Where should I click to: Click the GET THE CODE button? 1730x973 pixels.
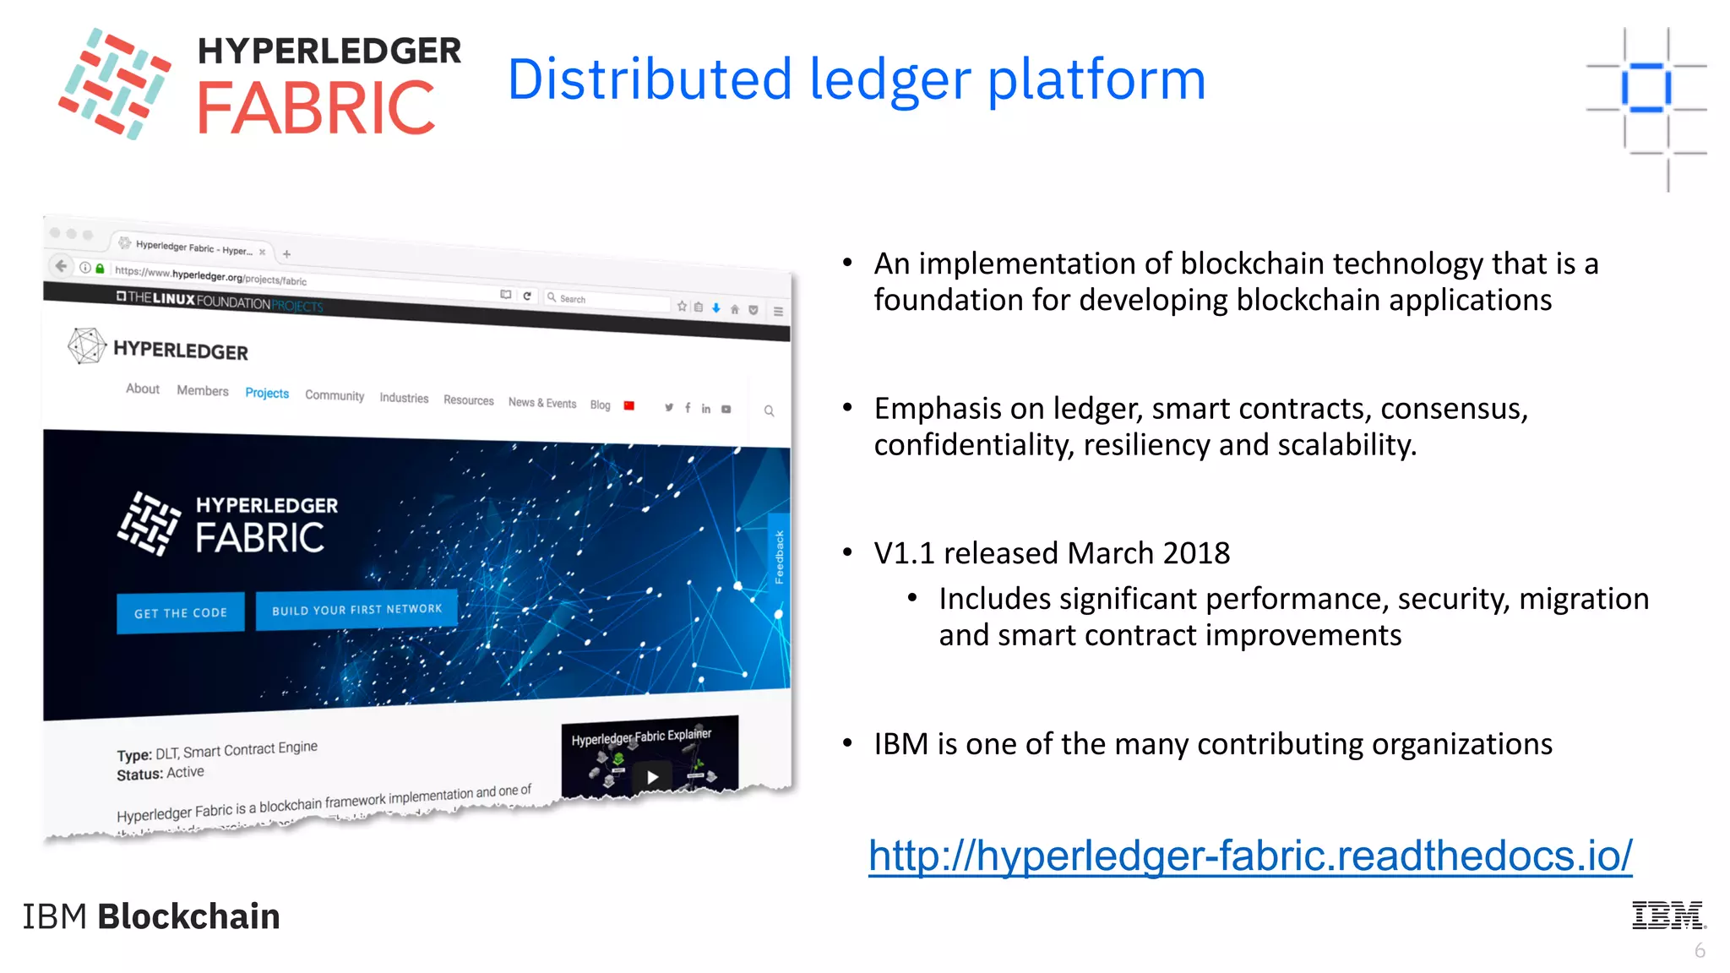coord(181,612)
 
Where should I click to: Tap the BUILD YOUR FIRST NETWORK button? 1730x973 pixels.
coord(356,609)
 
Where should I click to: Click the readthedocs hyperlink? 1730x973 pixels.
coord(1250,856)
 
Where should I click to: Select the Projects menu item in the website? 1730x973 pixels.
coord(267,394)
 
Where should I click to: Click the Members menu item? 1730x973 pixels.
coord(203,390)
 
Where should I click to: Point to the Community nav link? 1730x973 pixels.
coord(335,395)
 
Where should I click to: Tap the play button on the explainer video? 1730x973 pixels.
coord(652,777)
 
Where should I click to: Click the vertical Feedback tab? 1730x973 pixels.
coord(779,557)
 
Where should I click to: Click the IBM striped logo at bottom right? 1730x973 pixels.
coord(1667,915)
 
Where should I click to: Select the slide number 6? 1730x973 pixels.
coord(1700,951)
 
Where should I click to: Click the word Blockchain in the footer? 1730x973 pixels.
coord(188,916)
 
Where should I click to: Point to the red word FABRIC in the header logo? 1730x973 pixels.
coord(316,108)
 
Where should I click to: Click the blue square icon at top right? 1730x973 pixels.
coord(1646,87)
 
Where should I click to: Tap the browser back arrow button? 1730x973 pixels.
coord(61,266)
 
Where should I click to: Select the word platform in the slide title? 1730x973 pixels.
coord(1096,80)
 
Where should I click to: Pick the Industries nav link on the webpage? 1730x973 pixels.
coord(404,398)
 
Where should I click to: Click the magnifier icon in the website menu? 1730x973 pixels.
coord(769,410)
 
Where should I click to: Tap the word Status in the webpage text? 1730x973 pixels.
coord(139,775)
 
